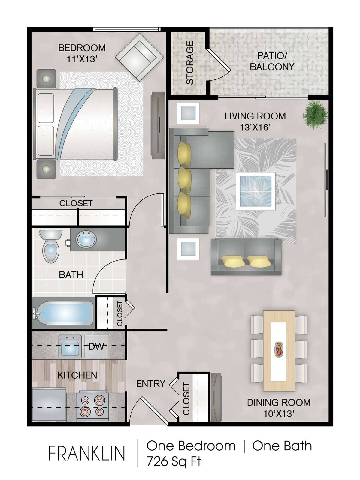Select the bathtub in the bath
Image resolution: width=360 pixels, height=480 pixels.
[x=63, y=313]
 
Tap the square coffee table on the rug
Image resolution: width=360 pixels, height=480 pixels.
[x=256, y=191]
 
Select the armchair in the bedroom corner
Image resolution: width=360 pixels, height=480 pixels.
[x=140, y=57]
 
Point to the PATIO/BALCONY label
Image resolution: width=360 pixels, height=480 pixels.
[x=272, y=61]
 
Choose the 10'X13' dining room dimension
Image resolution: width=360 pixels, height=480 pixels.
[x=278, y=413]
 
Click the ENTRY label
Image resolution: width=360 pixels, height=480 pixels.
[x=150, y=384]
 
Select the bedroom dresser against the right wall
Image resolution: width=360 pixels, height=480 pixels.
[x=158, y=125]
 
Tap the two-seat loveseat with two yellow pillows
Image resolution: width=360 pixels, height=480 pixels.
[x=246, y=256]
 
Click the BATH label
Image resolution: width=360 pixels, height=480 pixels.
[x=71, y=275]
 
